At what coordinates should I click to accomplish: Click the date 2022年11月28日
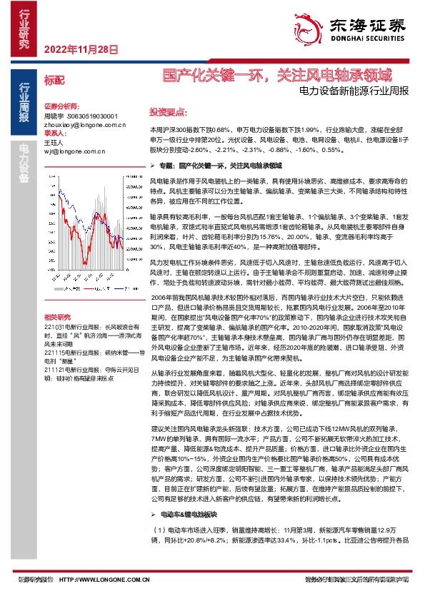coord(80,49)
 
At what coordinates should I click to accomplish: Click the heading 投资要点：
coord(168,111)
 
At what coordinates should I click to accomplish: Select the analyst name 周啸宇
coord(54,115)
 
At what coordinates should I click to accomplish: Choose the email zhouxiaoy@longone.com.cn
coord(79,123)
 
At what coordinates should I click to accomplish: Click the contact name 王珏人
coord(54,142)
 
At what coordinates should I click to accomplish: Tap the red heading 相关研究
coord(57,277)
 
